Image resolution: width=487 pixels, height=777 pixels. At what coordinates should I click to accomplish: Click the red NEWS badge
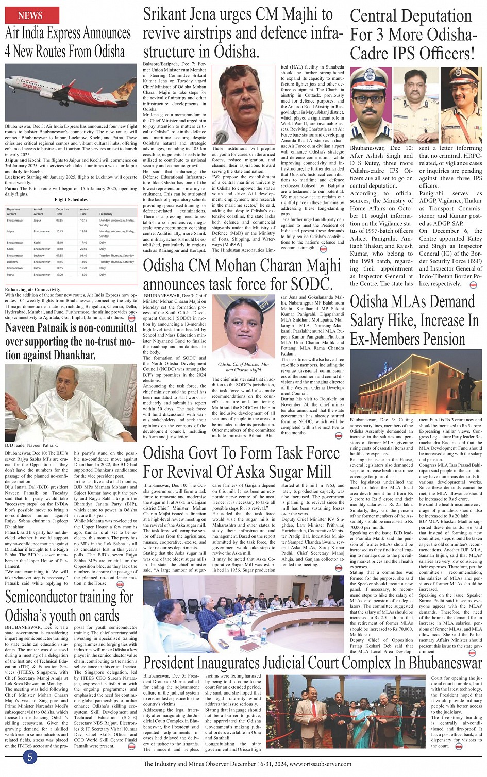[x=30, y=15]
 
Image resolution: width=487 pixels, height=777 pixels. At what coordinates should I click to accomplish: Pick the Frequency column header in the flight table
[x=106, y=214]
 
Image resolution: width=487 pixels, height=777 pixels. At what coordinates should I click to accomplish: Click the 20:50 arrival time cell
[x=83, y=249]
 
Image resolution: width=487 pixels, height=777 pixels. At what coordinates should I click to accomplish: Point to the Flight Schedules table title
[x=71, y=199]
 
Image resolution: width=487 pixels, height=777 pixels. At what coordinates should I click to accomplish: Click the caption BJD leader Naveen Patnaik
[x=31, y=445]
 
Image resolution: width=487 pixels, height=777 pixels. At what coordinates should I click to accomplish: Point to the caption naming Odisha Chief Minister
[x=240, y=367]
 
